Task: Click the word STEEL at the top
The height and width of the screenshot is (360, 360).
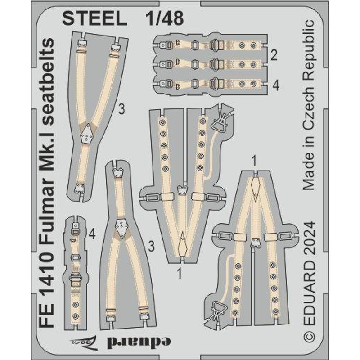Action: point(94,18)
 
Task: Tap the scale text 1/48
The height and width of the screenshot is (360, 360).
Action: point(165,18)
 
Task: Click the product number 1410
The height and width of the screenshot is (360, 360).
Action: point(47,271)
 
